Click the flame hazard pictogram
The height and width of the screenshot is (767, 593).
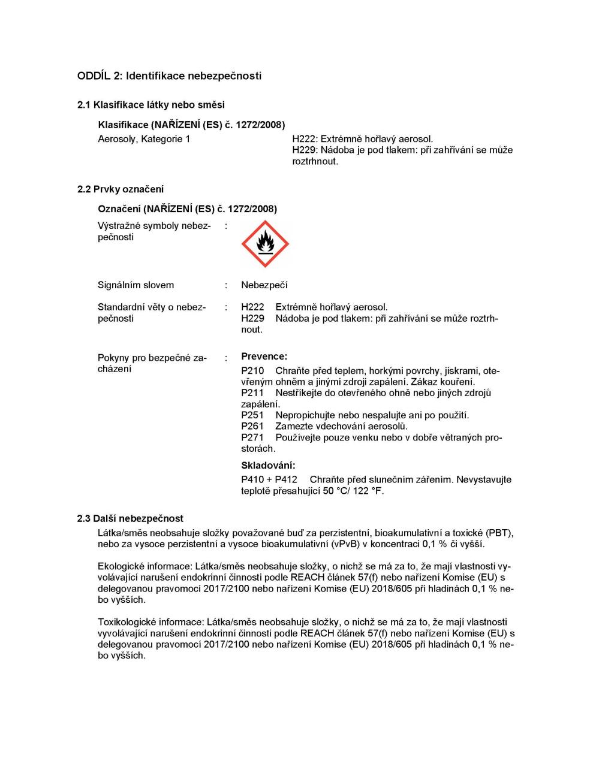coord(264,244)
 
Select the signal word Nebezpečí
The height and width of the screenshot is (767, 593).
coord(264,285)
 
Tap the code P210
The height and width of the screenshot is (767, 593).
coord(252,371)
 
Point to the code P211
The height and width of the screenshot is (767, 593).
coord(252,393)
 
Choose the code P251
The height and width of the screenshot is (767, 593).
coord(252,415)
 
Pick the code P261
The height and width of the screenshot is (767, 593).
coord(252,426)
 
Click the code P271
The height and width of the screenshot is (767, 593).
coord(252,437)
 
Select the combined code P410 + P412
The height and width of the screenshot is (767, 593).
coord(269,480)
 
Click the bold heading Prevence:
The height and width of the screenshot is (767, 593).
coord(264,357)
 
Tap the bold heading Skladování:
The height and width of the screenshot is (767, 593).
coord(268,466)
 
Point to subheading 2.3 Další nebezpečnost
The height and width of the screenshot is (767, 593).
coord(130,518)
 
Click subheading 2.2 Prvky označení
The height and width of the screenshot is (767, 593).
coord(121,189)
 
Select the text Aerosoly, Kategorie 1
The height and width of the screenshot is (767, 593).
coord(144,139)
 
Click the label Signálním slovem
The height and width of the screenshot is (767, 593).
coord(136,285)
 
